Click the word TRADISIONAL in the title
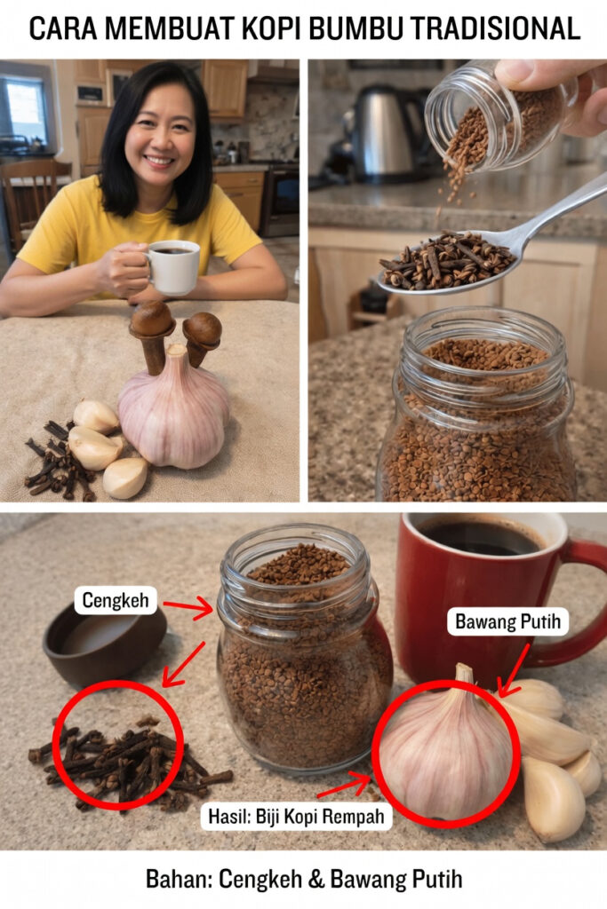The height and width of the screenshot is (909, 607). pos(495,28)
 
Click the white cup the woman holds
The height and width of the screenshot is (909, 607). pos(173,267)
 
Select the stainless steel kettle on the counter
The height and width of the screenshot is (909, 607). pos(386,133)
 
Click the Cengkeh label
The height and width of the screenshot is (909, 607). pos(116,600)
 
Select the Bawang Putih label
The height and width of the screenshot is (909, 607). pos(507,621)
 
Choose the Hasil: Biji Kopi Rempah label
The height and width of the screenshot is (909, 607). pos(296,817)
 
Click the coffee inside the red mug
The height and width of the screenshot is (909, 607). pos(479,536)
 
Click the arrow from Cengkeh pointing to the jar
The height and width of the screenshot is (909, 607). pos(188,607)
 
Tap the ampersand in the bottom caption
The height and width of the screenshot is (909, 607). pos(315,880)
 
